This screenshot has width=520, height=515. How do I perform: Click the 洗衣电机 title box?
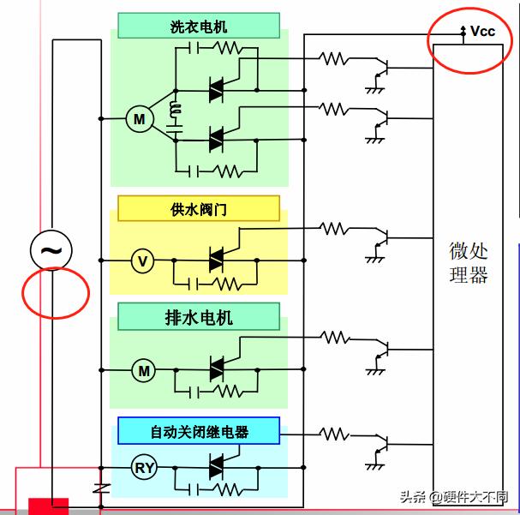[x=199, y=27]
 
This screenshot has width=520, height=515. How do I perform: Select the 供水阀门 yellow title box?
[x=199, y=209]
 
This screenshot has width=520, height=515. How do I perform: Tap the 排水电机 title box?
[x=199, y=318]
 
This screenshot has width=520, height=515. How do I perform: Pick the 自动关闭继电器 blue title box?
[x=199, y=431]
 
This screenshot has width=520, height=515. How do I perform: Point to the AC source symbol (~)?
[x=51, y=251]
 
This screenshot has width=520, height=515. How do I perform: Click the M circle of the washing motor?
[x=139, y=120]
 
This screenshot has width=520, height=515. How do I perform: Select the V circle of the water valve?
[x=143, y=260]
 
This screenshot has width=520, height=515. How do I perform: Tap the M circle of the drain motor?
[x=144, y=371]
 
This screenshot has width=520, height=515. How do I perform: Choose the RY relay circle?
[x=144, y=468]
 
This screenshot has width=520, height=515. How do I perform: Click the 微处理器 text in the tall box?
[x=468, y=262]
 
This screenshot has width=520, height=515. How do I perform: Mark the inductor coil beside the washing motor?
[x=177, y=111]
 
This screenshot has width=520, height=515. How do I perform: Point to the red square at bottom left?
[x=48, y=506]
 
